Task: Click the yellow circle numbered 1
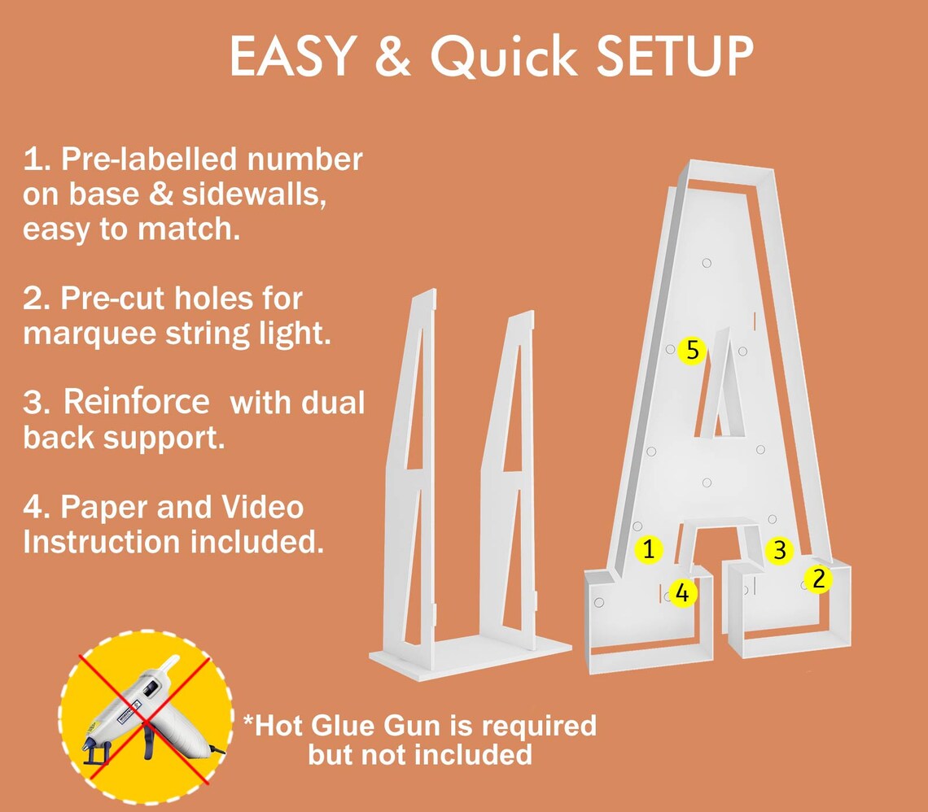[x=649, y=549]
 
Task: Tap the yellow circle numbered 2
[x=818, y=579]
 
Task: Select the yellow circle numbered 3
[x=780, y=550]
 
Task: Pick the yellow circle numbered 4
[x=682, y=592]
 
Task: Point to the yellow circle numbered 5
[x=693, y=350]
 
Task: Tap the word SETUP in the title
[x=675, y=56]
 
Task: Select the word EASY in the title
[x=293, y=56]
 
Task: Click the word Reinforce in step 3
[x=136, y=402]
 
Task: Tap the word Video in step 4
[x=262, y=507]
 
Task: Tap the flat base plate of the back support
[x=471, y=657]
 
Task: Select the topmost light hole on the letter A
[x=707, y=263]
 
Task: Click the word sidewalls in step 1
[x=254, y=194]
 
